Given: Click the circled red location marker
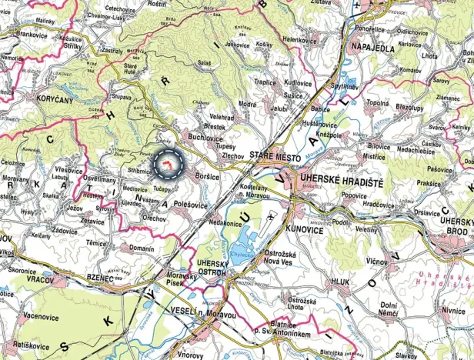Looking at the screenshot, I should pyautogui.click(x=168, y=162).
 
